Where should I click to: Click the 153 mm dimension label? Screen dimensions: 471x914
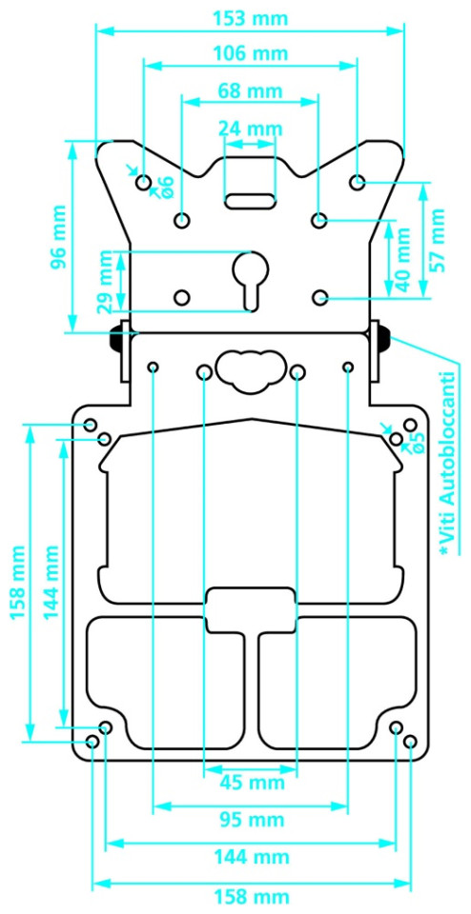[251, 19]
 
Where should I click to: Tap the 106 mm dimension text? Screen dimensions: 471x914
[251, 53]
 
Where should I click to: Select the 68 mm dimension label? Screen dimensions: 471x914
[251, 91]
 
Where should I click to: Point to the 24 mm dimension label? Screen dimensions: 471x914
[251, 129]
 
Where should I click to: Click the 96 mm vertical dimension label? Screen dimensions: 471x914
[58, 236]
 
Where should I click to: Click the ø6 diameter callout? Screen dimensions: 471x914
[165, 187]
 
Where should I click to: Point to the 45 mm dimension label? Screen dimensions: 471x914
[251, 783]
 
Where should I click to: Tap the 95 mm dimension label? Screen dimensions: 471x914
[251, 820]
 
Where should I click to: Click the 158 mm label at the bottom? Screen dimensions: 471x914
[251, 895]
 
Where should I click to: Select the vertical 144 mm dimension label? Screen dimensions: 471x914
[51, 583]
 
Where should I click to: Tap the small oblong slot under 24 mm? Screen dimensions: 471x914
[251, 201]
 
